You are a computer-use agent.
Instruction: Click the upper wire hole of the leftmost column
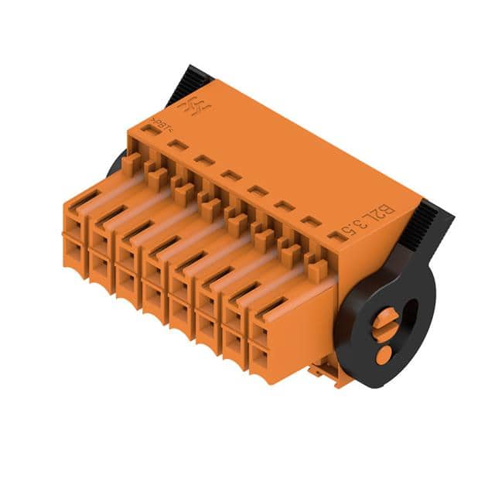(76, 222)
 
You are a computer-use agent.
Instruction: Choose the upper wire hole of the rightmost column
(260, 333)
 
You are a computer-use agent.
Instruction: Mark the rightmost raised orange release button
(316, 270)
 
